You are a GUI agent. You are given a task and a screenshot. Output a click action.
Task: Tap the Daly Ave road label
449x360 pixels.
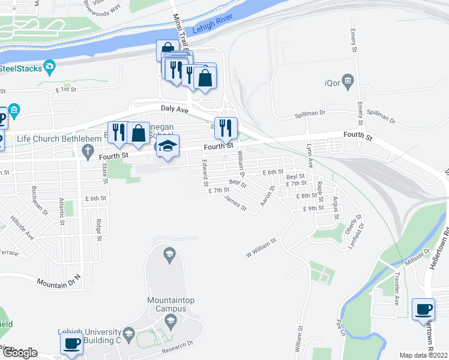tap(174, 109)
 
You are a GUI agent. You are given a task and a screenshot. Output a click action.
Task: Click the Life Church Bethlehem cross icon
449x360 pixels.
tap(89, 149)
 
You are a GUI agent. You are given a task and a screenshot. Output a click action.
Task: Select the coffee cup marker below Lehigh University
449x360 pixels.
tap(71, 344)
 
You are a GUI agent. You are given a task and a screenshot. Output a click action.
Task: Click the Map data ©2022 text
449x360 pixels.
tap(423, 355)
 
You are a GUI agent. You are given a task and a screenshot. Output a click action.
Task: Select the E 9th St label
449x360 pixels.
tap(313, 208)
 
